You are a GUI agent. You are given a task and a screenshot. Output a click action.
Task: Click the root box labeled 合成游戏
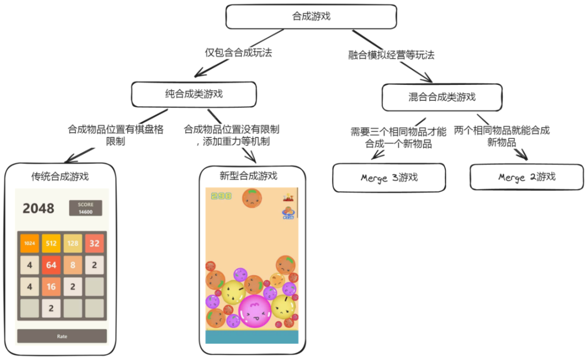click(311, 17)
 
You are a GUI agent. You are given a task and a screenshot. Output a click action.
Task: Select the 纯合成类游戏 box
click(194, 94)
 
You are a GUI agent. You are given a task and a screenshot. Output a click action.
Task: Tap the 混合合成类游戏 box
click(442, 97)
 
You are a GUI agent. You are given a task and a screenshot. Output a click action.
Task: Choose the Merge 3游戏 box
click(389, 178)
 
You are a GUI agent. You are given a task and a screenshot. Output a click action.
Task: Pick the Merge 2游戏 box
click(526, 177)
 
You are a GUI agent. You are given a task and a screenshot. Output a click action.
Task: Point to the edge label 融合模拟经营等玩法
click(391, 55)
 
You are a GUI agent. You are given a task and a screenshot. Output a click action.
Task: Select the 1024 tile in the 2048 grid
click(29, 243)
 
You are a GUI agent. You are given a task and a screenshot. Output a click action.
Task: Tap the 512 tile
click(51, 243)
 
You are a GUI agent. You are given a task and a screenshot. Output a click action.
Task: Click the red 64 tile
click(51, 265)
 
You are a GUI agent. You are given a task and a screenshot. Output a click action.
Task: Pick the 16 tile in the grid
click(51, 287)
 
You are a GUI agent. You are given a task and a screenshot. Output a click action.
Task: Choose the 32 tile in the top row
click(94, 243)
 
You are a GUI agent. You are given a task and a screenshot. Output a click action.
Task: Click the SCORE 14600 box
click(85, 208)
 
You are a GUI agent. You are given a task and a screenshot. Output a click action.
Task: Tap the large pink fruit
click(254, 311)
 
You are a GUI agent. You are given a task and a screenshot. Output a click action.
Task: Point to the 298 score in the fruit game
click(221, 196)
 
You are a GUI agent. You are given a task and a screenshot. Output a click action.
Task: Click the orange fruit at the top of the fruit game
click(252, 198)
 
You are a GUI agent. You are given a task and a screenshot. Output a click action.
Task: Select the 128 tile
click(73, 243)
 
